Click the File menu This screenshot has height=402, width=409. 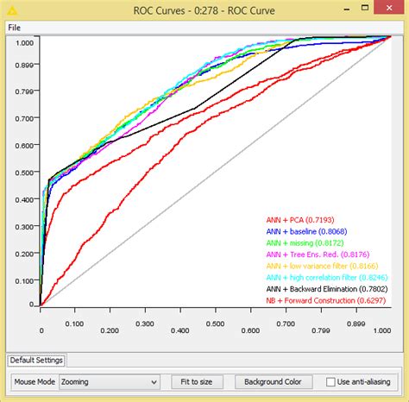coord(14,27)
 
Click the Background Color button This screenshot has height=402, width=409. coord(273,381)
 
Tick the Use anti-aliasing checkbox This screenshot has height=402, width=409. coord(331,381)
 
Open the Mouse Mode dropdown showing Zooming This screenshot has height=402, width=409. coord(109,381)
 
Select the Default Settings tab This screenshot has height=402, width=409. coord(35,361)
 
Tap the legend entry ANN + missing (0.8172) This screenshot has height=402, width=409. coord(304,243)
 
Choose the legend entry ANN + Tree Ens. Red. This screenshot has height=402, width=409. coord(318,254)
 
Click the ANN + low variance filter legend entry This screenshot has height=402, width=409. coord(321,266)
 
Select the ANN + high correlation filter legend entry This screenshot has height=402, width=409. coord(326,277)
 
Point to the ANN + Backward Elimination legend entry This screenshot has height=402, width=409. coord(326,288)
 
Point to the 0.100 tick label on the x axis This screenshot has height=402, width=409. coord(75,324)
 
